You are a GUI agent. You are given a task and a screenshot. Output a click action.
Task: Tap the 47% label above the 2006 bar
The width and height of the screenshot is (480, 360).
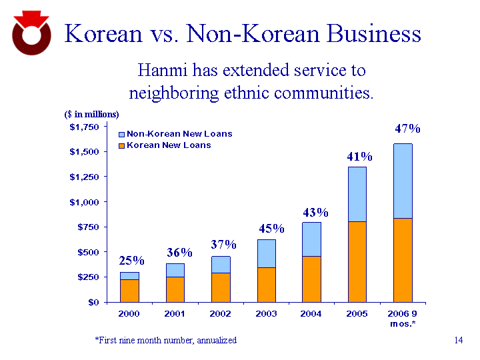pyautogui.click(x=407, y=129)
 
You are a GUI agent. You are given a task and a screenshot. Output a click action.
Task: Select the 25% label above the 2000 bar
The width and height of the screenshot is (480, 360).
pyautogui.click(x=131, y=260)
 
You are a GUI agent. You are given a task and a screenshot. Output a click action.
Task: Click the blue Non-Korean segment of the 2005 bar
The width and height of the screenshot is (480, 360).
pyautogui.click(x=357, y=194)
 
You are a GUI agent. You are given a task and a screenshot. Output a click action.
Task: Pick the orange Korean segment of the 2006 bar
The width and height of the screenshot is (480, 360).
pyautogui.click(x=403, y=260)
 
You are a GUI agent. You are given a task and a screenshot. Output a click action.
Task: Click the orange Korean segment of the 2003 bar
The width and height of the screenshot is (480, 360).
pyautogui.click(x=267, y=285)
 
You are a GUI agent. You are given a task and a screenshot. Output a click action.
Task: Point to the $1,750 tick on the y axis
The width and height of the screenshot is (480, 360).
pyautogui.click(x=84, y=127)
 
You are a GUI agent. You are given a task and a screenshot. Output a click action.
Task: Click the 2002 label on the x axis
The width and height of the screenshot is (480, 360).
pyautogui.click(x=221, y=313)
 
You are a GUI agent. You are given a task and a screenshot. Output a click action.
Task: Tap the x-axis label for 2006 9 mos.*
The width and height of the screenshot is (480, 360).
pyautogui.click(x=403, y=318)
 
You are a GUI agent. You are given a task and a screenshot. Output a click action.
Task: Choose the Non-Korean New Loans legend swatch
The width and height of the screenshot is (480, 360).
pyautogui.click(x=121, y=134)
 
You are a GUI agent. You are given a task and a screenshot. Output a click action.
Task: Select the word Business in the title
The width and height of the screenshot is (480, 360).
pyautogui.click(x=369, y=34)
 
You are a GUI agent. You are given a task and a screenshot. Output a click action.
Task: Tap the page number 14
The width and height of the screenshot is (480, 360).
pyautogui.click(x=457, y=341)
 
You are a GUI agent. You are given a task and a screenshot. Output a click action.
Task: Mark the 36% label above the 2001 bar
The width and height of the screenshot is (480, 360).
pyautogui.click(x=179, y=253)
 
